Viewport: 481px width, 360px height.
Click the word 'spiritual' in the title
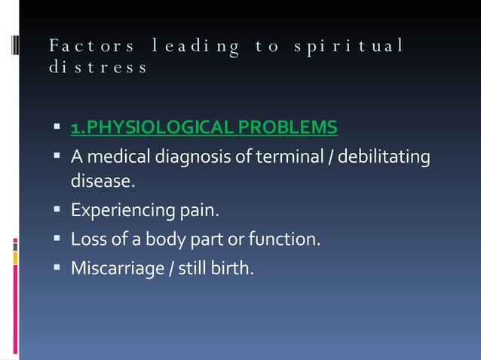tap(359, 47)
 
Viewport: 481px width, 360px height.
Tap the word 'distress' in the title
tap(97, 68)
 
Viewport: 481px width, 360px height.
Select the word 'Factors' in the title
tap(92, 47)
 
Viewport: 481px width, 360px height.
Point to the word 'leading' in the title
tap(196, 47)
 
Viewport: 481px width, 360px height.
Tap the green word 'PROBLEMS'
tap(287, 129)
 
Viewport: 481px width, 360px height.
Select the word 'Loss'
tap(86, 240)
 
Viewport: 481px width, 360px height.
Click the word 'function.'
tap(289, 240)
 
